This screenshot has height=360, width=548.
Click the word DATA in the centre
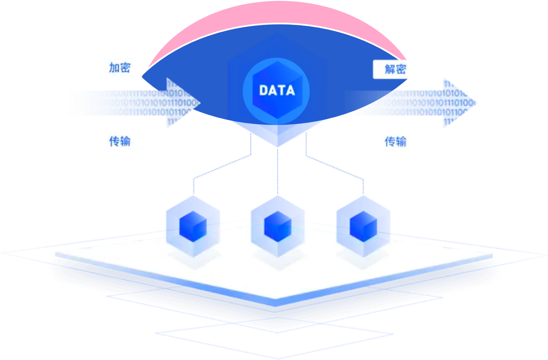tap(277, 90)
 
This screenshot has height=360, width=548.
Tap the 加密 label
tap(120, 68)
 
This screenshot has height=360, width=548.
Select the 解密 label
tap(395, 69)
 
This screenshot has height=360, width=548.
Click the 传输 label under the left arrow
tap(120, 141)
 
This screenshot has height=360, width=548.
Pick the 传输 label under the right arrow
tap(395, 141)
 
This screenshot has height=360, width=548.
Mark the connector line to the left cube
tap(223, 167)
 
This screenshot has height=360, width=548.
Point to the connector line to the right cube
tap(334, 167)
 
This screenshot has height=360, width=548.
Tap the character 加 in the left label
tap(115, 68)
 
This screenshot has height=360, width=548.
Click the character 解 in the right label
tap(390, 69)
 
